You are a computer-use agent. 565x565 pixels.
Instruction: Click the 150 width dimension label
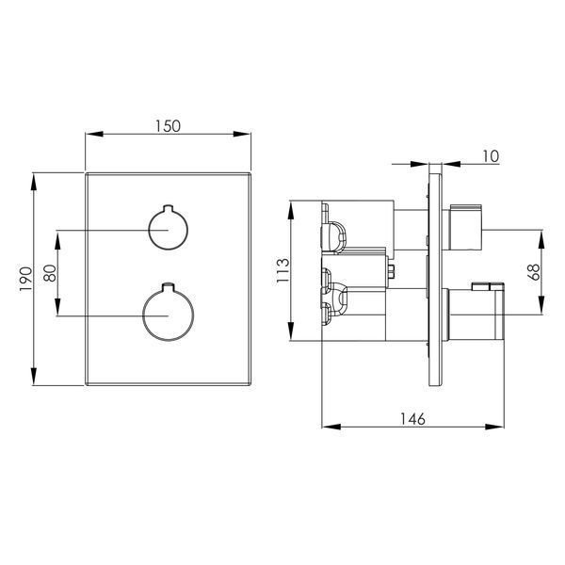point(168,126)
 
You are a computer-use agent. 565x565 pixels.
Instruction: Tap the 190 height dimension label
point(26,280)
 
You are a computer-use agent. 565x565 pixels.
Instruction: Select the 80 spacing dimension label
point(50,273)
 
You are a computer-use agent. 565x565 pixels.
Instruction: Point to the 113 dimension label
point(282,270)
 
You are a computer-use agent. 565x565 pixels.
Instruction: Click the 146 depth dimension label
point(413,419)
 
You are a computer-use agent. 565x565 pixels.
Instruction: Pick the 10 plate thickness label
point(491,156)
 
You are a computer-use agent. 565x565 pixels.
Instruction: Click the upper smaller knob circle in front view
point(169,229)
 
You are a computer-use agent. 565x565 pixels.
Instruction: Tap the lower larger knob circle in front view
point(169,315)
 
